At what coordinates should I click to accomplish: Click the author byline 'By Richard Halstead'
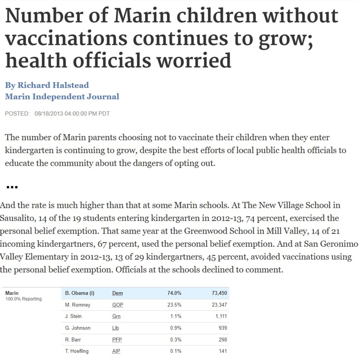point(47,85)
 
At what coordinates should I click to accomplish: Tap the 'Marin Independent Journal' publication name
point(62,97)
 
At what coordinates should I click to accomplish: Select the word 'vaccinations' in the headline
point(66,38)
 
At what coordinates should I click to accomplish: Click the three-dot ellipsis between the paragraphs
point(12,187)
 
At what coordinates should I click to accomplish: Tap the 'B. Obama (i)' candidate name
point(79,293)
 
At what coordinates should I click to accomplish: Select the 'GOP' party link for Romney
point(118,305)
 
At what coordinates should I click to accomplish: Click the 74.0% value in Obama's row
point(174,293)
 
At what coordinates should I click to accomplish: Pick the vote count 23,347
point(219,305)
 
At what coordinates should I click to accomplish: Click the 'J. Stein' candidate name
point(73,316)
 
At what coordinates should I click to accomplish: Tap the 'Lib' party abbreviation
point(115,328)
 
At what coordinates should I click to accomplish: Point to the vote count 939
point(223,328)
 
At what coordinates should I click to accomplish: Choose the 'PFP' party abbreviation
point(117,339)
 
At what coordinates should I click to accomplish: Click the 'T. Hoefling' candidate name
point(76,351)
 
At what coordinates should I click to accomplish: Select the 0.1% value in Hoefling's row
point(176,351)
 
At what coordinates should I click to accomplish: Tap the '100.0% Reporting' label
point(23,299)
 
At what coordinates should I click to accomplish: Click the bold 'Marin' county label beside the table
point(12,293)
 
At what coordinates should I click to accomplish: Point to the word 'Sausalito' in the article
point(18,218)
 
